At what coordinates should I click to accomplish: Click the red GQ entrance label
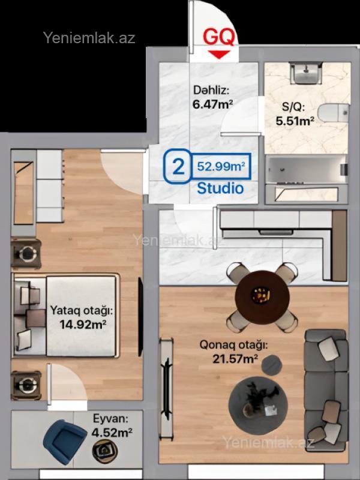coord(219,37)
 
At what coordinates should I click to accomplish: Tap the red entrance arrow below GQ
coord(219,55)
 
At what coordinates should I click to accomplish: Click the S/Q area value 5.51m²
coord(295,121)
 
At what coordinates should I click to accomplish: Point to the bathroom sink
coord(306,73)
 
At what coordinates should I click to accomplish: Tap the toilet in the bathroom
coord(333,113)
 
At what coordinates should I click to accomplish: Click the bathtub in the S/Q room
coord(306,170)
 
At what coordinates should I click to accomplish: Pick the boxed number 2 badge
coord(178,166)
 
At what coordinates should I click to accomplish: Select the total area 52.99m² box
coord(221,166)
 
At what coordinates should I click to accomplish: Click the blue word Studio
coord(220,188)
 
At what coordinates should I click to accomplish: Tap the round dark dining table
coord(262,297)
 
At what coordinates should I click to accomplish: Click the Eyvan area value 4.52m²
coord(112,433)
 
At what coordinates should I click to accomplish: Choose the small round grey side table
coord(272,365)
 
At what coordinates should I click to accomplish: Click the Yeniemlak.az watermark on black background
coord(89,38)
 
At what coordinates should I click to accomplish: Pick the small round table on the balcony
coord(104,451)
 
